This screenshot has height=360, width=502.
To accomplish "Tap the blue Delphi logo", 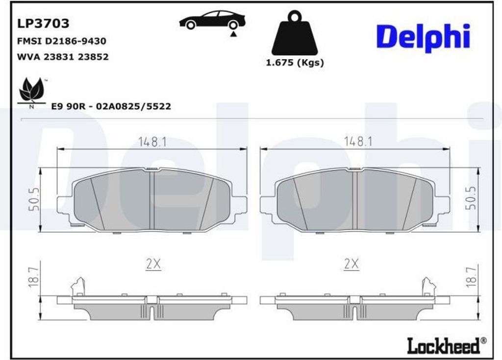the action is point(423,37).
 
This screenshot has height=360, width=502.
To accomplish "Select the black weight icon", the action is point(295,32).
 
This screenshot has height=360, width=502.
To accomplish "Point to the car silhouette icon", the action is point(213,20).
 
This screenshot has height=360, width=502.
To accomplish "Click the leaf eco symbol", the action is point(32,92).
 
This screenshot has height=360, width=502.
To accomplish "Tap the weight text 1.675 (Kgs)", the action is point(295,62).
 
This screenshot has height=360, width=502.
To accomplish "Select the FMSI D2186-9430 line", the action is point(61,41).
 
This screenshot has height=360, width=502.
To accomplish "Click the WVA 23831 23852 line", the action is point(63,57).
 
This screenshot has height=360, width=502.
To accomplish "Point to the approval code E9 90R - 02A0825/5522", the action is point(111,106).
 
